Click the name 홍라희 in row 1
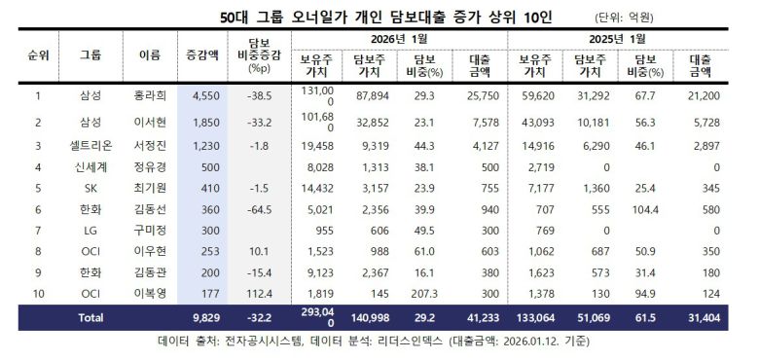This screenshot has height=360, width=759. (148, 95)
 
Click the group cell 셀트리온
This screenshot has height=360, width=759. (90, 145)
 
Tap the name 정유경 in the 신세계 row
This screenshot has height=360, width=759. (148, 166)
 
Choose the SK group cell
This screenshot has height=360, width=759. (90, 187)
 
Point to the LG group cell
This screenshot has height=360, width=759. (90, 230)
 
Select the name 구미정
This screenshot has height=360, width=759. (148, 230)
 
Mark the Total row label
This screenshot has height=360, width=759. (90, 317)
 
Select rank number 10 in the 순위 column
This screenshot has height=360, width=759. (37, 293)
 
